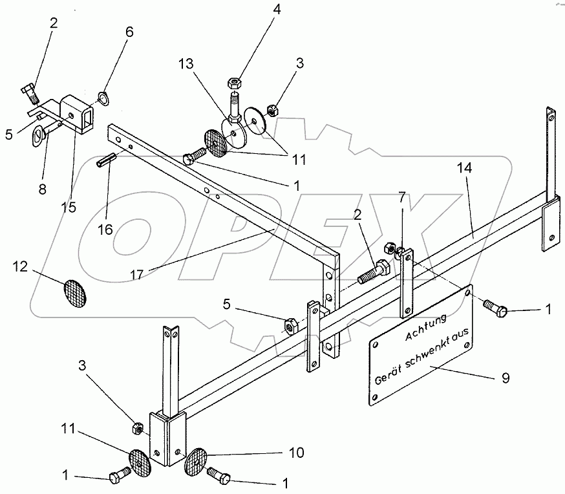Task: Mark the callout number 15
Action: click(x=68, y=207)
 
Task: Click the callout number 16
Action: click(x=105, y=228)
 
